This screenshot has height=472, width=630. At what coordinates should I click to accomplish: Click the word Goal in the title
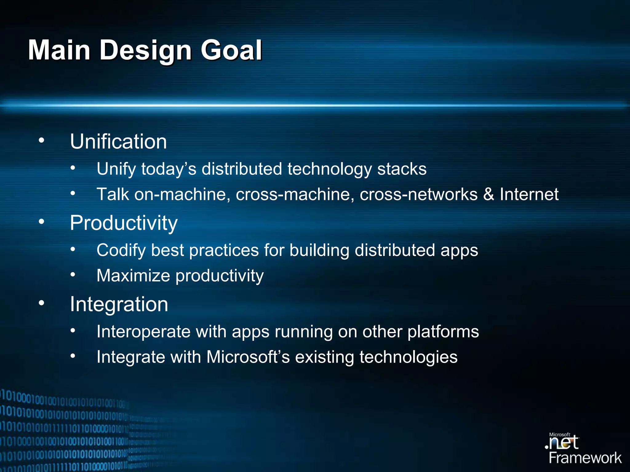pyautogui.click(x=231, y=50)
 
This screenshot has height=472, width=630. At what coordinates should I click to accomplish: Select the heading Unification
pyautogui.click(x=118, y=142)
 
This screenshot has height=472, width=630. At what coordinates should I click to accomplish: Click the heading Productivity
pyautogui.click(x=124, y=223)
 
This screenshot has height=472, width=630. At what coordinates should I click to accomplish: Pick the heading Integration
pyautogui.click(x=119, y=305)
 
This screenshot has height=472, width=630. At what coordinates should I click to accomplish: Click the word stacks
pyautogui.click(x=402, y=169)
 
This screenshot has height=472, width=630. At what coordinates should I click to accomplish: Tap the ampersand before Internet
pyautogui.click(x=488, y=194)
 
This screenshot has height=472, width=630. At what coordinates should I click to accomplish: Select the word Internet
pyautogui.click(x=529, y=194)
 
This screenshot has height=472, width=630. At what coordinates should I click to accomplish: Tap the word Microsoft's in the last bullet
pyautogui.click(x=248, y=357)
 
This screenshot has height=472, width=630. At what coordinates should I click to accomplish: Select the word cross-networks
pyautogui.click(x=418, y=194)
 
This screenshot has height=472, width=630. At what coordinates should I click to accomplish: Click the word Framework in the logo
pyautogui.click(x=585, y=458)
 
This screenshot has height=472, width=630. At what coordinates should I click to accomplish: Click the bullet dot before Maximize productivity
pyautogui.click(x=73, y=275)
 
